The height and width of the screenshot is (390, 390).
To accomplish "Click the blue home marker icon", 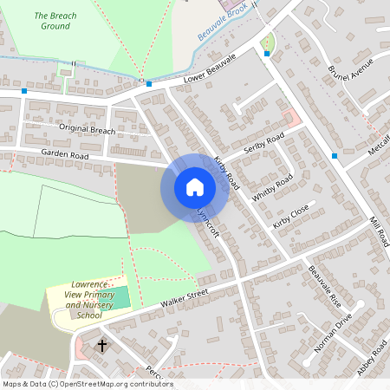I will point(195,186).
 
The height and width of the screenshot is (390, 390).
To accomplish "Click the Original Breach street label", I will point(87,129).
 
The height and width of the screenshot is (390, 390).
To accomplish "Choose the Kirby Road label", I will point(226,172).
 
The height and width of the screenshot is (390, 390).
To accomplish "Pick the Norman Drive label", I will point(334,330).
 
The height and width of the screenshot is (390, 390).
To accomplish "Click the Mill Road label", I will point(378,231).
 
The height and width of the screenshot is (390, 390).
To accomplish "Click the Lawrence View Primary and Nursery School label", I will point(89,300).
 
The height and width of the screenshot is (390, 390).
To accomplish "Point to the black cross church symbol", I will point(101,345).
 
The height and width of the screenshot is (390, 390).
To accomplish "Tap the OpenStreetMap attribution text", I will point(87,384).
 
